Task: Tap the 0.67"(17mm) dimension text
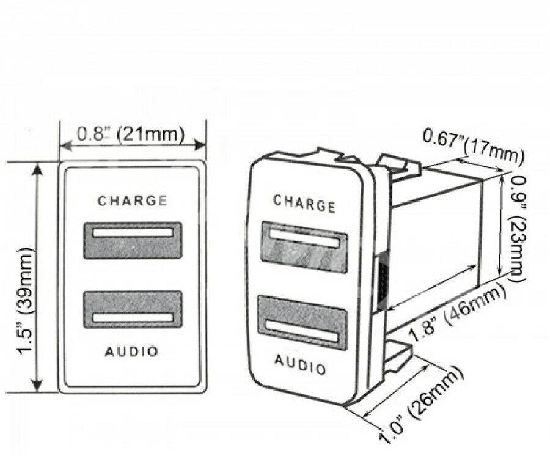point(474,146)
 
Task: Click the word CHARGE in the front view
point(133,200)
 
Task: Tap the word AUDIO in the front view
point(132,351)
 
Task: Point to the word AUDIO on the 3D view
point(300,364)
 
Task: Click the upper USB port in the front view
point(133,240)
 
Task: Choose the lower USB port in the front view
point(133,309)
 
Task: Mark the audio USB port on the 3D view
point(302,323)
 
